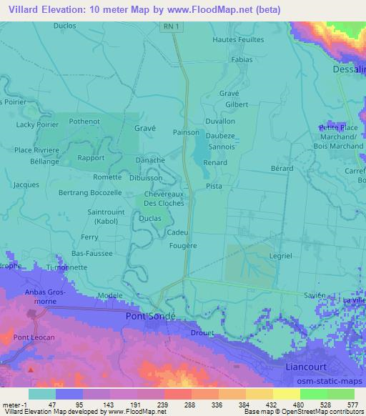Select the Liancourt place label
point(297,367)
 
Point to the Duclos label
point(65,26)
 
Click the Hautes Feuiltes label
point(239,40)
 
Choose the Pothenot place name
point(84,122)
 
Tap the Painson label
point(186,132)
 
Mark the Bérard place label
point(282,169)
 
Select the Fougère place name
point(184,245)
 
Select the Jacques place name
point(26,184)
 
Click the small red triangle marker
point(30,370)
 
